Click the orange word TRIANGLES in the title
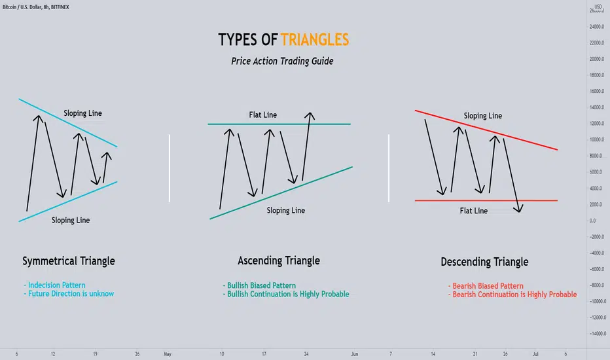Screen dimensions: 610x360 point(315,40)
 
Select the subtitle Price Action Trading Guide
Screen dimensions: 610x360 point(282,61)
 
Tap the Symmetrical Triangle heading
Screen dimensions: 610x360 point(69,261)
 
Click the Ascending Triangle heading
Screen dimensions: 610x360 point(279,261)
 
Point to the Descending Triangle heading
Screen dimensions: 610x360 point(484,262)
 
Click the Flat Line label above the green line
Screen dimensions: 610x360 point(263,115)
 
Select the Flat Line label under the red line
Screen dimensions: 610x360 point(473,211)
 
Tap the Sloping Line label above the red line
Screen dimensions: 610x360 point(483,116)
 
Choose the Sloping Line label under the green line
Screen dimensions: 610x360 point(285,211)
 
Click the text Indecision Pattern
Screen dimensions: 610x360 point(56,285)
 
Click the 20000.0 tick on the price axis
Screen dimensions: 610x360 point(597,59)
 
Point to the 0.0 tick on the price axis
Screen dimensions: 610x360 point(592,221)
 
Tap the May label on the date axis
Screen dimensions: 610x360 point(168,354)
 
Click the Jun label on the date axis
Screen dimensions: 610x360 point(354,354)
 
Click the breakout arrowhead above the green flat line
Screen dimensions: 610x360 point(310,116)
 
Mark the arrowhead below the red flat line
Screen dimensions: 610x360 point(518,209)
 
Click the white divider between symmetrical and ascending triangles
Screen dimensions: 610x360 point(170,168)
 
